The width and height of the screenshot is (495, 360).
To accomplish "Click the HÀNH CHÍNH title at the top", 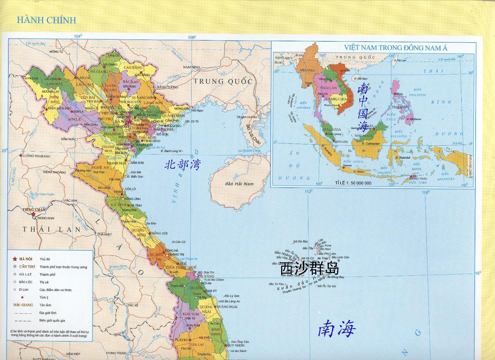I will (x=46, y=20).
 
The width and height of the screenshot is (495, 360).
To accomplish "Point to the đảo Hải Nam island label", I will (x=240, y=184).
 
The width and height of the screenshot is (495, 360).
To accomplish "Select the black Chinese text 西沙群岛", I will (x=310, y=269).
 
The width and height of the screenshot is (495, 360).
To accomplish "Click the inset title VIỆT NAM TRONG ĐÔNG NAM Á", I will (x=396, y=48).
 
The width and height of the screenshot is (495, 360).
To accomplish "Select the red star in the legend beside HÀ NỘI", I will (x=15, y=259).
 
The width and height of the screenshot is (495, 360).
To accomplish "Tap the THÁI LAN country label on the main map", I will (x=52, y=229).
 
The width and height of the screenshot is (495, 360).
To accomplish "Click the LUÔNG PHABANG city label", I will (x=37, y=156).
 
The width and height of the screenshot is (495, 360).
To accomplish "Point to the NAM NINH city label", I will (x=191, y=67).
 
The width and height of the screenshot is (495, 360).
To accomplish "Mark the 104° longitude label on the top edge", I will (x=78, y=36).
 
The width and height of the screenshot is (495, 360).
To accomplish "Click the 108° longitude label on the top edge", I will (x=191, y=37).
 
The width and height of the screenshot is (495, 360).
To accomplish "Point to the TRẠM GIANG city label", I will (x=247, y=117).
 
